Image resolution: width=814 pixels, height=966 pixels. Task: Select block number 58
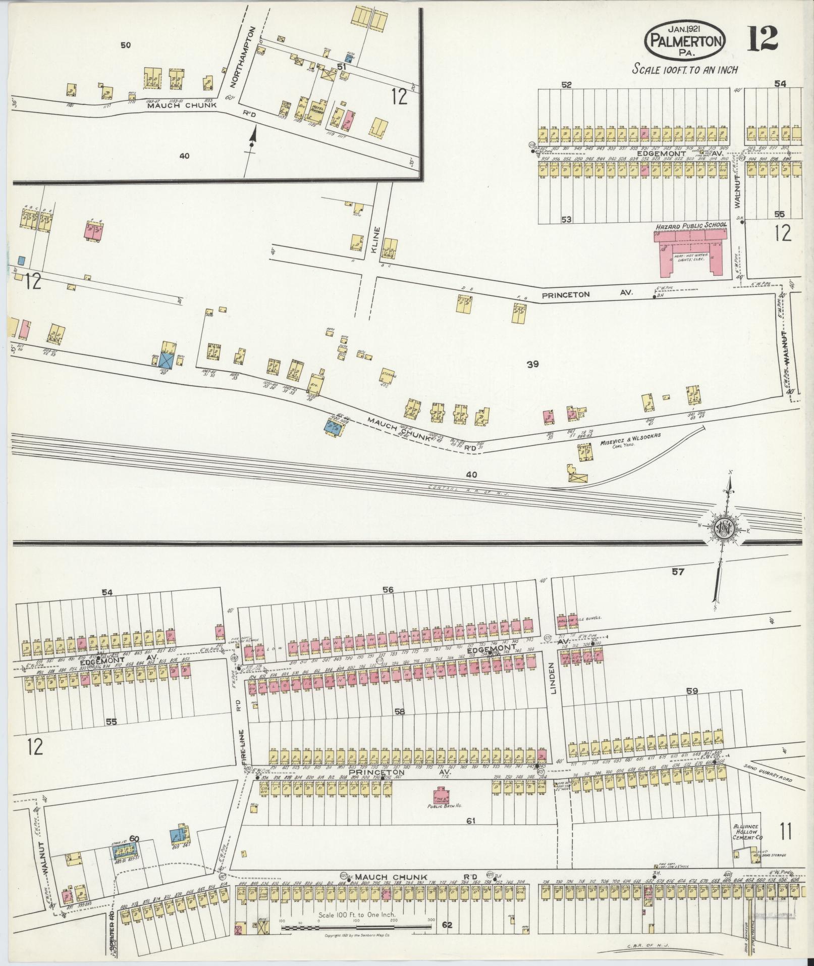(400, 711)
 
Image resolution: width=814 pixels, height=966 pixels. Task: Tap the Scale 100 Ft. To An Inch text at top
(685, 70)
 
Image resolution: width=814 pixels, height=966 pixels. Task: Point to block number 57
(678, 572)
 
